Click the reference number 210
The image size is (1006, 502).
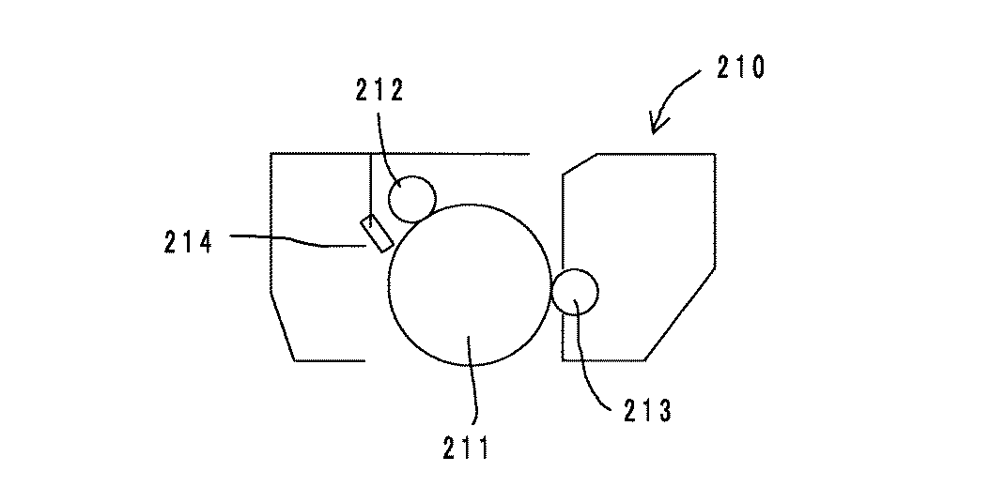coord(738,68)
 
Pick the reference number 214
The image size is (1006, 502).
coord(187,243)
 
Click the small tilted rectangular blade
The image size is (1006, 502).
coord(377,233)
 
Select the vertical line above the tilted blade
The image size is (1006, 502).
coord(371,183)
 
